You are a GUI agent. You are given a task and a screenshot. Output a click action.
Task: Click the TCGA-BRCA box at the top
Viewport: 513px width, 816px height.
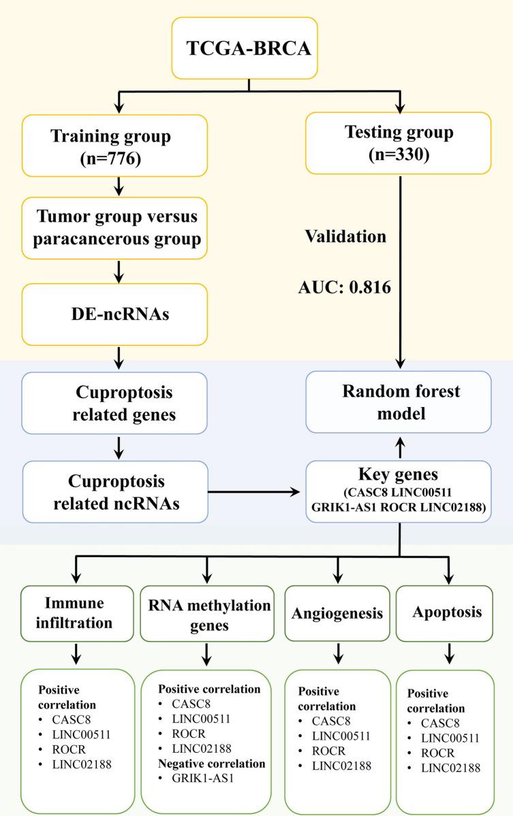click(x=250, y=48)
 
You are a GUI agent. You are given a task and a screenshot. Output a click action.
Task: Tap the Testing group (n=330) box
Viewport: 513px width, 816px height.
click(x=399, y=142)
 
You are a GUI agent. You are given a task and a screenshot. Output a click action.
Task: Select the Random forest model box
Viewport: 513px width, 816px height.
click(x=399, y=402)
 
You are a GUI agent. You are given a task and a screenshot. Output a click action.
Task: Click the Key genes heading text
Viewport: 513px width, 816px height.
click(x=399, y=475)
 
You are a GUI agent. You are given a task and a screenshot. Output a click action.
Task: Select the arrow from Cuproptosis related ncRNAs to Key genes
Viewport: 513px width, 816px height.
click(x=255, y=491)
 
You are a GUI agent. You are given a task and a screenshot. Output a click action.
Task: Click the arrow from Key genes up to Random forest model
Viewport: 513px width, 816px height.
click(x=399, y=447)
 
